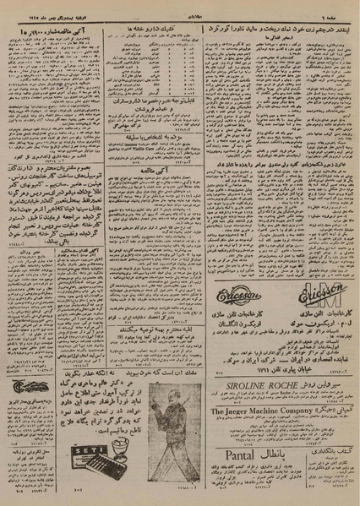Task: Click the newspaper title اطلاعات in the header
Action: point(181,6)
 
